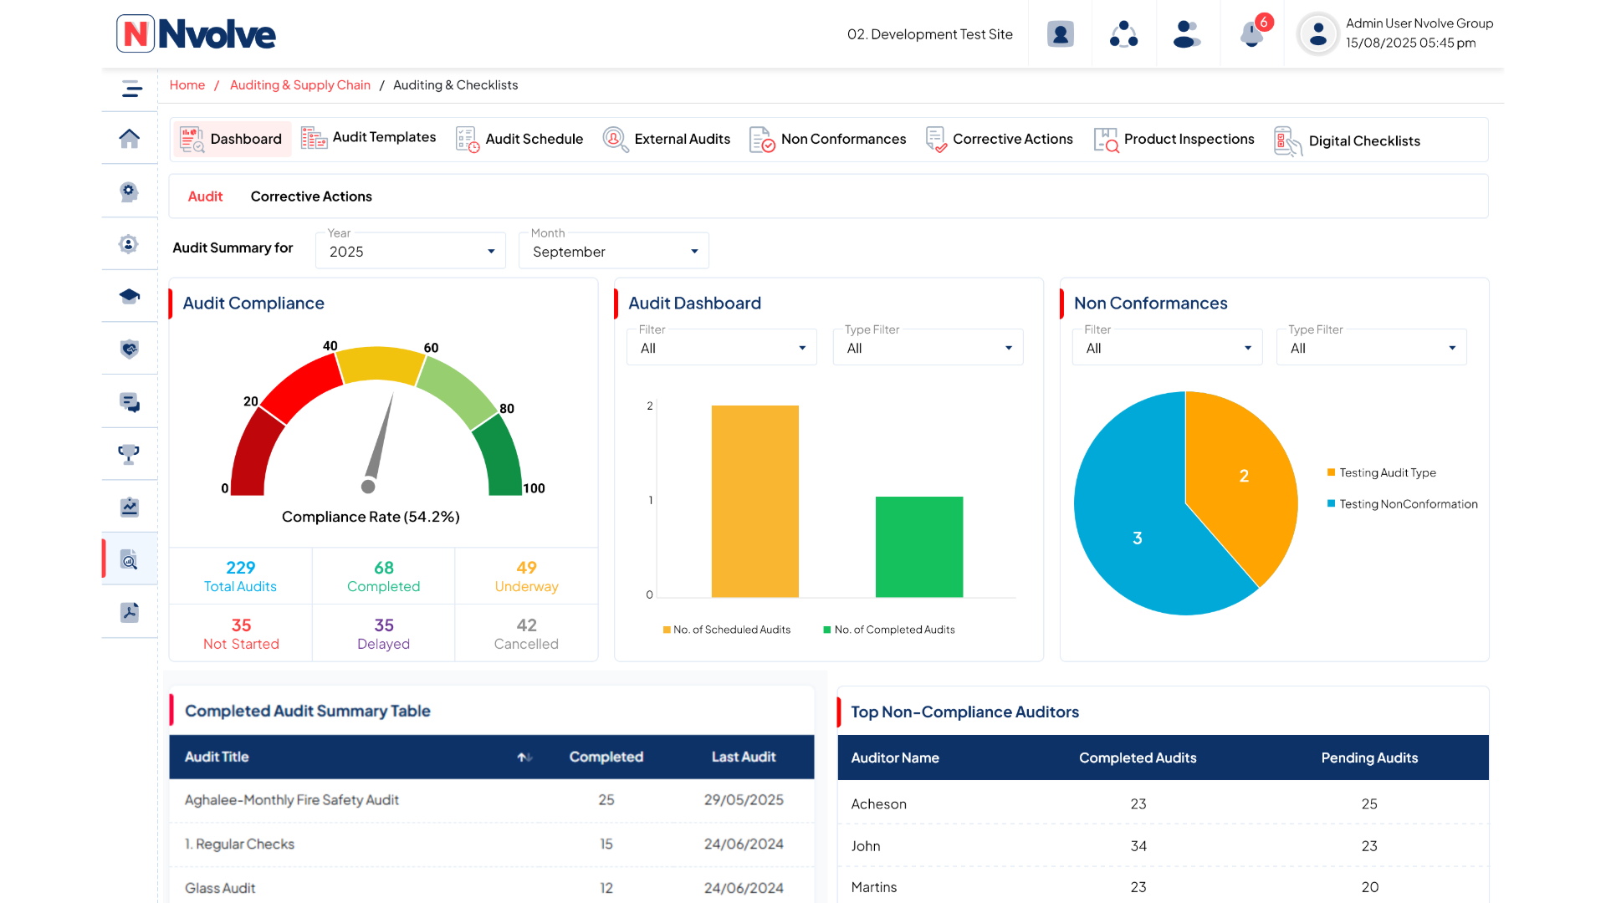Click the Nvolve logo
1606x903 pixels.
[x=197, y=34]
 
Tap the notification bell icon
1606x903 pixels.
[x=1251, y=35]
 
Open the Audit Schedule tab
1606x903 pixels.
[x=519, y=139]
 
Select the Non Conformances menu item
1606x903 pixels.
[x=828, y=139]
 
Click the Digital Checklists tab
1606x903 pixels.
[x=1348, y=140]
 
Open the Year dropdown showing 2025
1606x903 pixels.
[x=410, y=252]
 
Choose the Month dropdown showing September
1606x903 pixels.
[x=613, y=252]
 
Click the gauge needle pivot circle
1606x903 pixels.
[x=368, y=486]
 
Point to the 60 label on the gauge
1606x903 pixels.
[x=431, y=348]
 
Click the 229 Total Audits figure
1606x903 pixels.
[x=240, y=568]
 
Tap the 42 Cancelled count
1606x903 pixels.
[x=526, y=625]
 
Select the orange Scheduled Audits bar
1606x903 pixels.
[x=754, y=502]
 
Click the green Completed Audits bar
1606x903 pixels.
[x=918, y=547]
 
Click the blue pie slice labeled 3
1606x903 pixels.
[x=1138, y=538]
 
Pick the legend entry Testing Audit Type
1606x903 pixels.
[x=1387, y=472]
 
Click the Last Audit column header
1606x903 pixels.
[x=743, y=757]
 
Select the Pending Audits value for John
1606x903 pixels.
[x=1368, y=846]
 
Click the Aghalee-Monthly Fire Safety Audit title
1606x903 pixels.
[x=291, y=800]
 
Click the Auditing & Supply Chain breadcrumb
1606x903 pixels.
[x=299, y=85]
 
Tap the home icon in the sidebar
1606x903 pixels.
[x=129, y=139]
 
